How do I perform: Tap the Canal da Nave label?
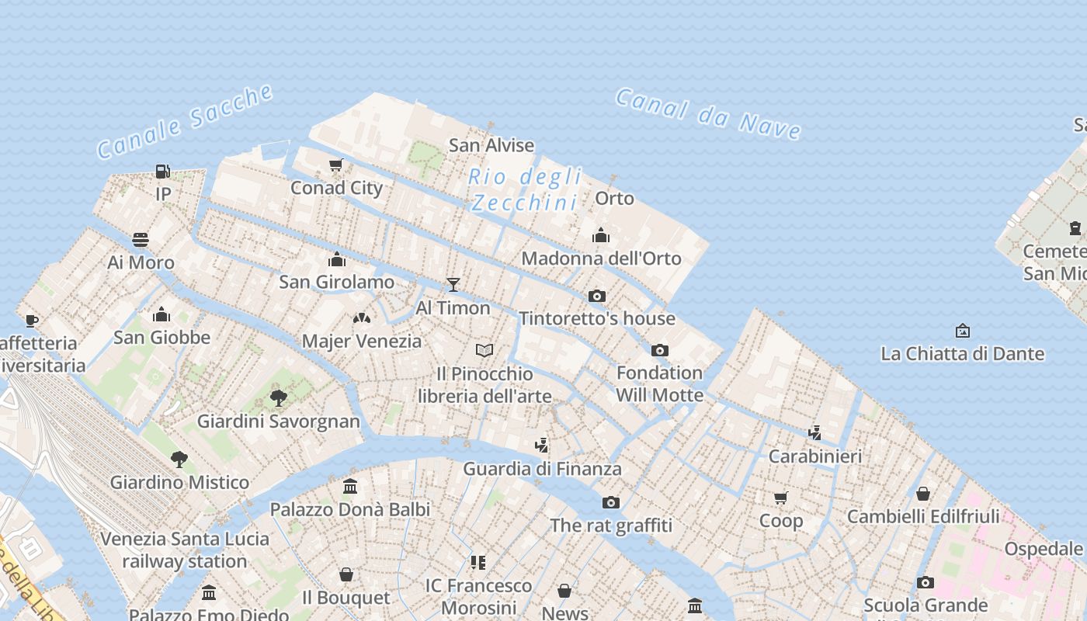tap(707, 114)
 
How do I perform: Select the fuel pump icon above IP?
tap(162, 171)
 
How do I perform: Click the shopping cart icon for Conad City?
tap(336, 165)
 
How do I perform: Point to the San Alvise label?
tap(491, 145)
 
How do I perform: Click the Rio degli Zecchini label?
tap(525, 189)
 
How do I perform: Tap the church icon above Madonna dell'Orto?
tap(601, 235)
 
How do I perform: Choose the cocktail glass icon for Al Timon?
tap(453, 285)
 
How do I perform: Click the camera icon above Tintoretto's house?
tap(597, 296)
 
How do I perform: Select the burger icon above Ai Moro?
tap(141, 239)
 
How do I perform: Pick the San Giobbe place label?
tap(161, 337)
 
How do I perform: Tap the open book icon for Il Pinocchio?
tap(484, 350)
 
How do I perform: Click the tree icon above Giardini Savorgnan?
tap(279, 398)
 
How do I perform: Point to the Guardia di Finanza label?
tap(542, 469)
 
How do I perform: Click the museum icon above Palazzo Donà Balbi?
tap(350, 487)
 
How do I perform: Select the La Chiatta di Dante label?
tap(962, 354)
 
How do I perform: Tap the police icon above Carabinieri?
tap(814, 432)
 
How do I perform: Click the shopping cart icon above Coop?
tap(780, 498)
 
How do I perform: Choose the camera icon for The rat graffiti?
tap(611, 502)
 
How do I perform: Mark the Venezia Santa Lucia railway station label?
tap(185, 550)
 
